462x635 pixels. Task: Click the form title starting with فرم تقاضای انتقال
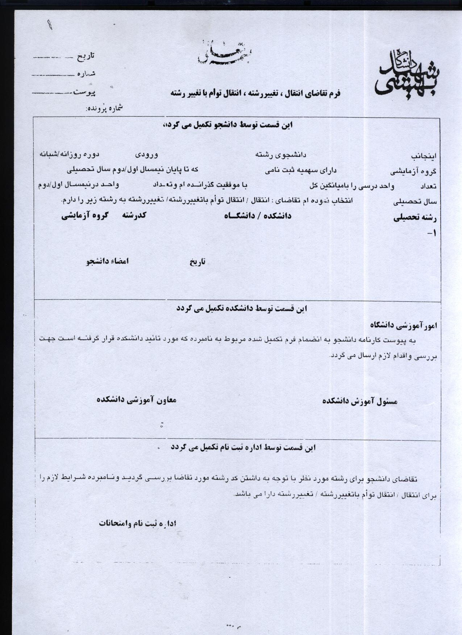point(255,93)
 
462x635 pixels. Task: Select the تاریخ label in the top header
point(86,56)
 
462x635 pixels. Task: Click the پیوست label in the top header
point(84,92)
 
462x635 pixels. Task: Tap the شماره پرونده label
point(104,108)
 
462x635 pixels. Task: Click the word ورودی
point(146,155)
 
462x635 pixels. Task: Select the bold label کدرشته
point(134,215)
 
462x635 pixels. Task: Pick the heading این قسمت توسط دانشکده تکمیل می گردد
point(242,309)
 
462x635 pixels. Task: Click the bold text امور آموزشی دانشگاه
point(404,325)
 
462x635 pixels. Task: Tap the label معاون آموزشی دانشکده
point(137,400)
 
